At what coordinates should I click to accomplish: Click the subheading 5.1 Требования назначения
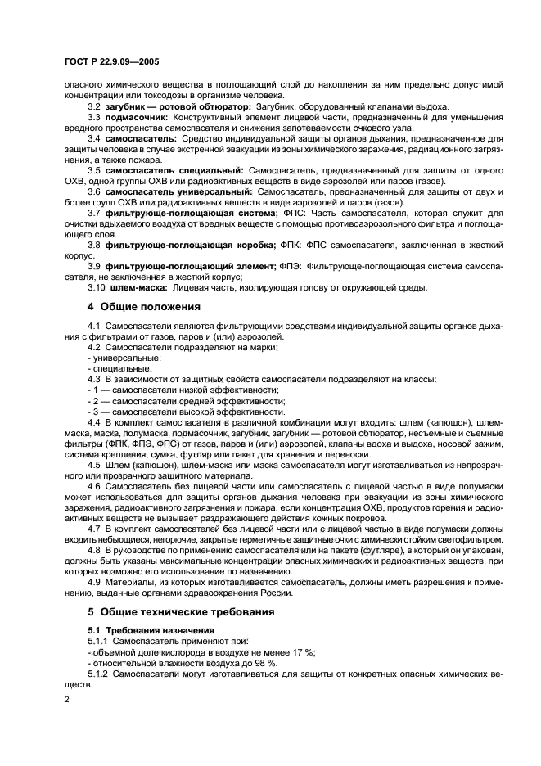(x=151, y=630)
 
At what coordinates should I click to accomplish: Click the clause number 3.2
(x=94, y=107)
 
